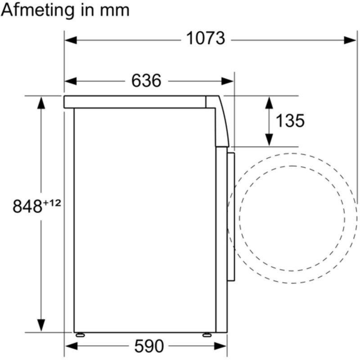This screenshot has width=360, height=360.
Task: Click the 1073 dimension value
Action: click(206, 38)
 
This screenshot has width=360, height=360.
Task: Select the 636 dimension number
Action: click(146, 81)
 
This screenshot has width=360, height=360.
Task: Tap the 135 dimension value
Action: click(290, 121)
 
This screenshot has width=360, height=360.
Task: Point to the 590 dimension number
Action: click(149, 346)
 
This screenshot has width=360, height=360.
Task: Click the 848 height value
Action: click(27, 206)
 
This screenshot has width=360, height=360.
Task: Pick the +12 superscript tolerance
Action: click(52, 203)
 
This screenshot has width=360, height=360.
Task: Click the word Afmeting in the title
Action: click(38, 10)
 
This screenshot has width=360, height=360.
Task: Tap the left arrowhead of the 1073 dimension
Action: click(71, 40)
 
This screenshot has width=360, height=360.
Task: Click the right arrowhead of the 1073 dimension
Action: click(350, 40)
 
